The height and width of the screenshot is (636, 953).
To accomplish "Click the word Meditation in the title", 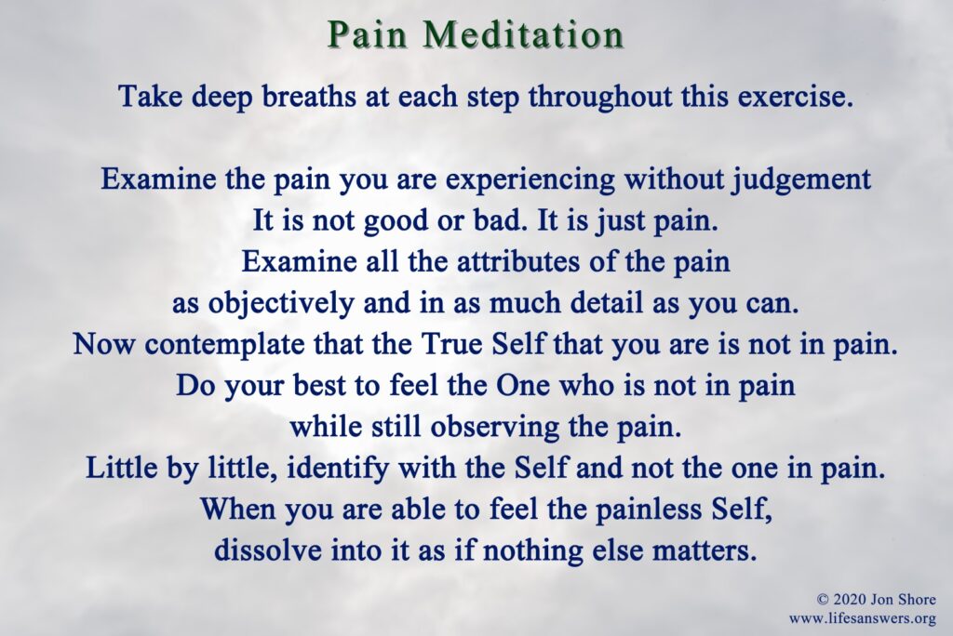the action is [523, 34].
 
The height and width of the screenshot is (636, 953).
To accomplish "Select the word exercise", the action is [791, 97].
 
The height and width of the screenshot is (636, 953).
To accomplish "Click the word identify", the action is [337, 469].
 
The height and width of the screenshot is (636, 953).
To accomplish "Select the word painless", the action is [647, 509].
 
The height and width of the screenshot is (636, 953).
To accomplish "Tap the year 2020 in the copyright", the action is [849, 600].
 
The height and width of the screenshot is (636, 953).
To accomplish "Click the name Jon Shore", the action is [903, 600].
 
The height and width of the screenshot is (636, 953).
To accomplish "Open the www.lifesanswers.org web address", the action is [863, 618].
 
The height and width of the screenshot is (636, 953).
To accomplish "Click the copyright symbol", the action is [823, 600].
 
